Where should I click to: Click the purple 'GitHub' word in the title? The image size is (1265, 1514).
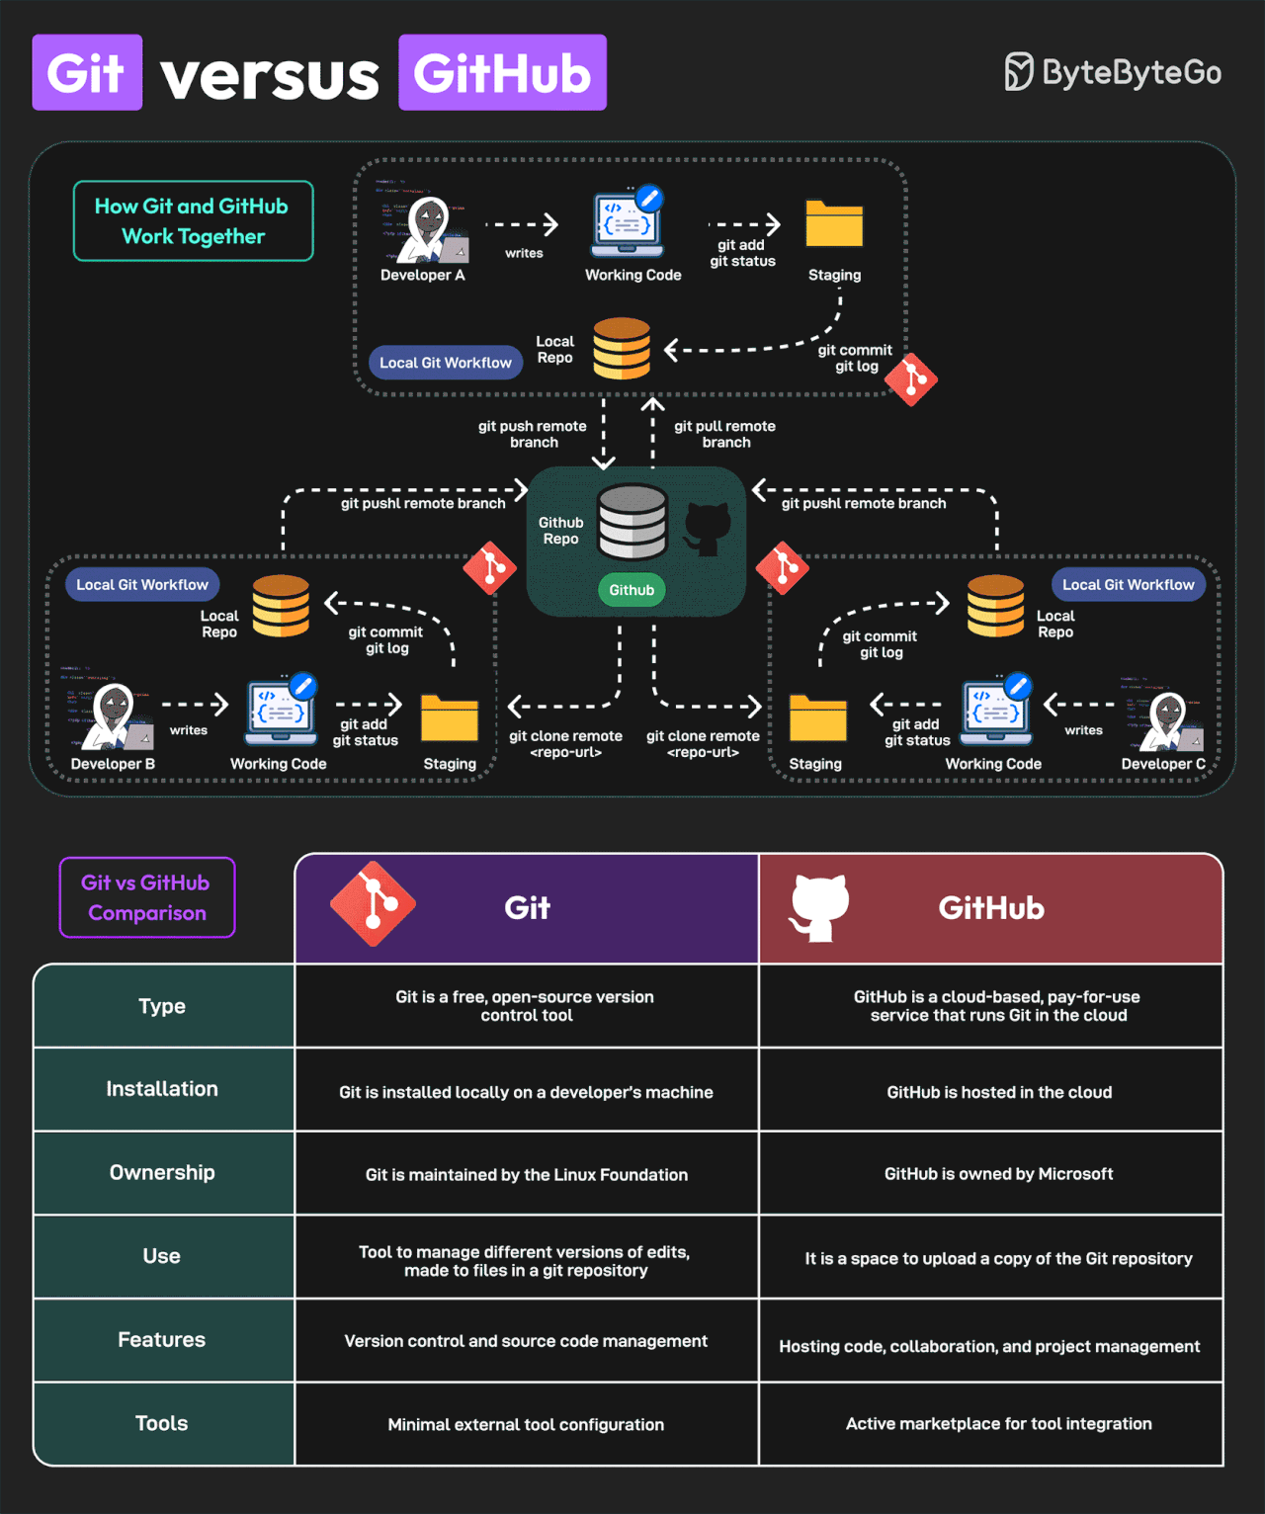pos(502,73)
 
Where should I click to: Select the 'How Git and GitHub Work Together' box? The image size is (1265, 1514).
pos(194,221)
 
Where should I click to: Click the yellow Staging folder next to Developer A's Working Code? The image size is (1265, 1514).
pos(834,224)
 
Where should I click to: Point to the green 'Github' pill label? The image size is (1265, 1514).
pos(632,590)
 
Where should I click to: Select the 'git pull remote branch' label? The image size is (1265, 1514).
pos(724,434)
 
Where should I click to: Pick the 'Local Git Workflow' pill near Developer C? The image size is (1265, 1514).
pos(1128,585)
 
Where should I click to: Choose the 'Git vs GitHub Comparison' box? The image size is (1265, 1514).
pos(147,897)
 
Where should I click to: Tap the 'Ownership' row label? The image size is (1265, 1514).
pos(162,1173)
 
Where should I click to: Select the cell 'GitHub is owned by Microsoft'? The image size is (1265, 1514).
pos(998,1174)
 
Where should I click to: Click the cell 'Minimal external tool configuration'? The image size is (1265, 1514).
pos(526,1424)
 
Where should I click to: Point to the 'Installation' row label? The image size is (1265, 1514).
pos(162,1089)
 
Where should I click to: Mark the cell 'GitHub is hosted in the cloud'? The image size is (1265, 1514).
pos(999,1092)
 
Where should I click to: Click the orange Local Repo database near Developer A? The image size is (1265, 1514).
pos(622,348)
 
